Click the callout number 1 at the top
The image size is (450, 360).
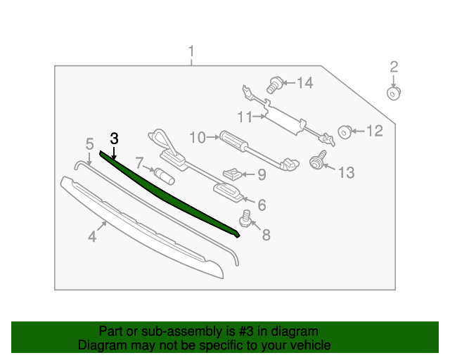(x=191, y=51)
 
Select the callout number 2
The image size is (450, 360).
(x=394, y=67)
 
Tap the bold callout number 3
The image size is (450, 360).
(x=114, y=139)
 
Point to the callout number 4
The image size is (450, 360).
(x=92, y=237)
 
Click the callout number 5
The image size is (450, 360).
(x=89, y=144)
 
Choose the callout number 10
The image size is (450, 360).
(x=196, y=136)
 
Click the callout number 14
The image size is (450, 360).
(x=304, y=84)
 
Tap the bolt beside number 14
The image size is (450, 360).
(x=274, y=86)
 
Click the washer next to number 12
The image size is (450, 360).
(x=345, y=131)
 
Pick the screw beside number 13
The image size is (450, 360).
(x=316, y=162)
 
